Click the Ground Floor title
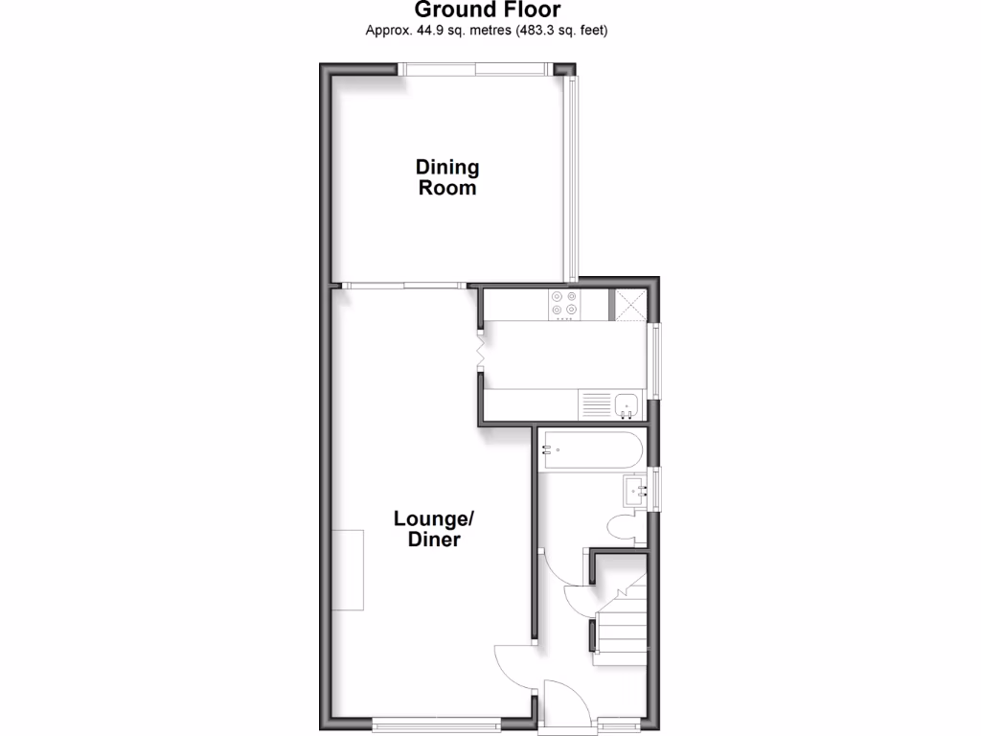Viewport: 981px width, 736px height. (x=488, y=11)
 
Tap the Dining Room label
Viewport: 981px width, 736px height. (x=447, y=177)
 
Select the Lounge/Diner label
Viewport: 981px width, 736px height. (x=434, y=529)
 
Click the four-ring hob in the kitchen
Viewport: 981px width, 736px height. (x=564, y=304)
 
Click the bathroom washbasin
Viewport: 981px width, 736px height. (x=635, y=491)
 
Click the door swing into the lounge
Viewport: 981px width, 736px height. (x=513, y=660)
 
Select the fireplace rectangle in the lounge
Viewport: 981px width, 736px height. (x=348, y=569)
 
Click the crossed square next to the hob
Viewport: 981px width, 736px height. (x=628, y=304)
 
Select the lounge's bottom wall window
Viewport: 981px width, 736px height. (x=435, y=725)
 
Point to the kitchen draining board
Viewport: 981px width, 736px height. (x=593, y=403)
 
